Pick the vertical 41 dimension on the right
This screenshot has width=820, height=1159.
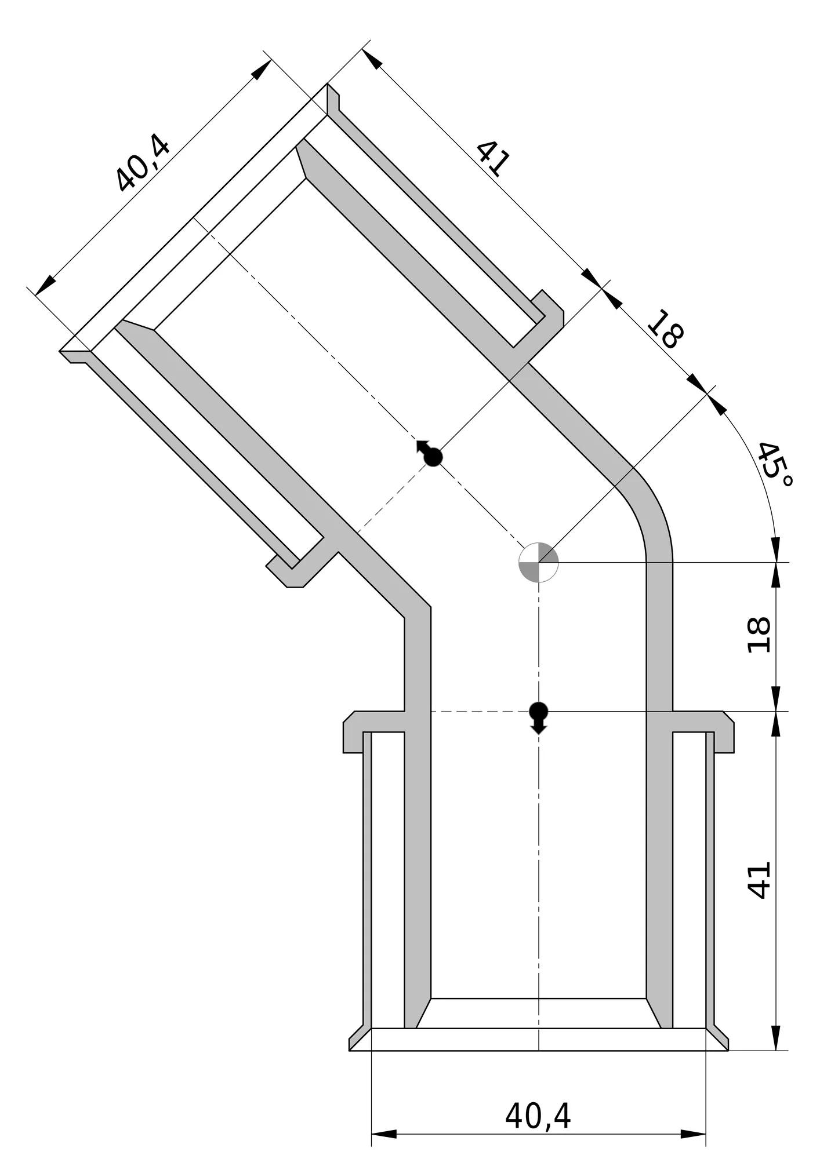759,880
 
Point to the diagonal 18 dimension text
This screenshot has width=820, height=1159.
666,329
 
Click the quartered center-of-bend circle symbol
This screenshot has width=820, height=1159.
538,562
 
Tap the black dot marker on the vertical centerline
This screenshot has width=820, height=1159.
539,716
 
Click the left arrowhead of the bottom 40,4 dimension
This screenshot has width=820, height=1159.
384,1134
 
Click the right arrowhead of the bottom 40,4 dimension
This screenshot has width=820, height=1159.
693,1134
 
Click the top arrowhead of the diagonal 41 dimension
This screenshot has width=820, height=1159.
372,59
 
